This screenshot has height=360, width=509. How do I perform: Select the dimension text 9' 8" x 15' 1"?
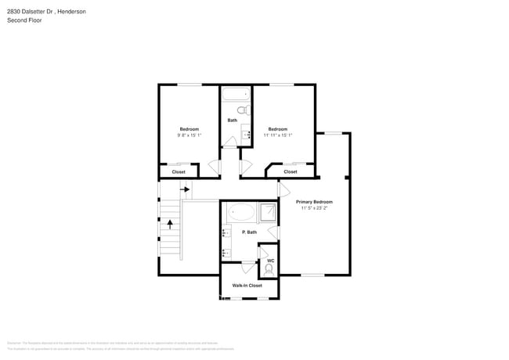pyautogui.click(x=189, y=135)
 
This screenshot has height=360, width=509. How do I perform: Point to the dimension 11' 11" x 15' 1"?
pyautogui.click(x=277, y=135)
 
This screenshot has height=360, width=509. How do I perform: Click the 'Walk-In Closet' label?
pyautogui.click(x=247, y=286)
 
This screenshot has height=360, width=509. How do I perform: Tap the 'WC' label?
pyautogui.click(x=270, y=261)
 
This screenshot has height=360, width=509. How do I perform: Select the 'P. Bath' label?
pyautogui.click(x=249, y=232)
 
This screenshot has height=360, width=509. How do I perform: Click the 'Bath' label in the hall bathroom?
pyautogui.click(x=233, y=121)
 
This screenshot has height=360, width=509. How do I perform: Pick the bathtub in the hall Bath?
pyautogui.click(x=233, y=95)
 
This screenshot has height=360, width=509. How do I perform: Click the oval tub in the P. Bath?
pyautogui.click(x=240, y=212)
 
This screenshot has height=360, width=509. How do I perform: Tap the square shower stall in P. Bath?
pyautogui.click(x=268, y=213)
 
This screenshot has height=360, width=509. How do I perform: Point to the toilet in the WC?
pyautogui.click(x=269, y=269)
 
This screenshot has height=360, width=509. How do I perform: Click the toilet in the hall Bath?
pyautogui.click(x=242, y=110)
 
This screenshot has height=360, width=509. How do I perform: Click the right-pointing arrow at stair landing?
pyautogui.click(x=186, y=189)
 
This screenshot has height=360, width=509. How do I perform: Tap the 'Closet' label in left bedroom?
pyautogui.click(x=179, y=171)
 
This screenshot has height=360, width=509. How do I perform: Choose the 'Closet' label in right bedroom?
pyautogui.click(x=290, y=171)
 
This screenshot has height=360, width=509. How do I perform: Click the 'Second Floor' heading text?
pyautogui.click(x=24, y=20)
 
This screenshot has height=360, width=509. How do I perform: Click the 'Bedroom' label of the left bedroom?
pyautogui.click(x=189, y=129)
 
